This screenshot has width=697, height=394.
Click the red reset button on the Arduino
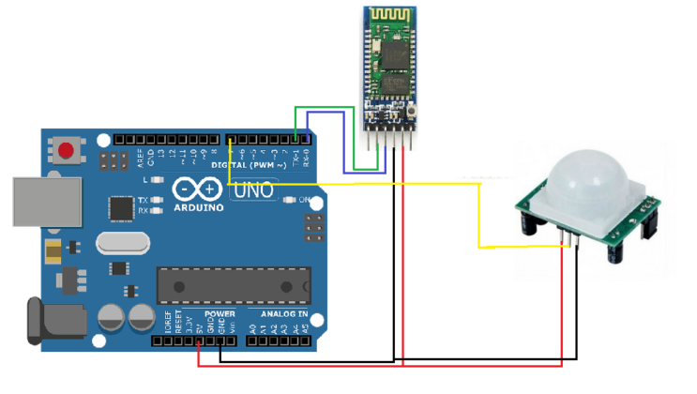[67, 150]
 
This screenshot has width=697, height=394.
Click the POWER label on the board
[220, 314]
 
